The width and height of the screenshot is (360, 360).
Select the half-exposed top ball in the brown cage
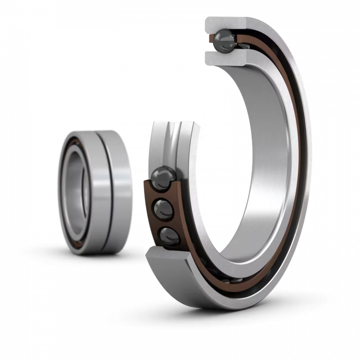(x=161, y=177)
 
